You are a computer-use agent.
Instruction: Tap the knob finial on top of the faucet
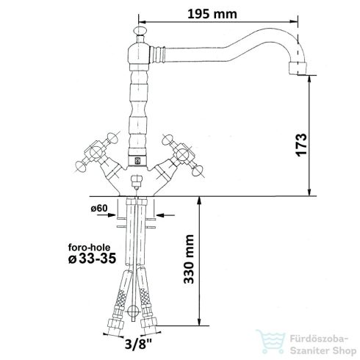[140, 31]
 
